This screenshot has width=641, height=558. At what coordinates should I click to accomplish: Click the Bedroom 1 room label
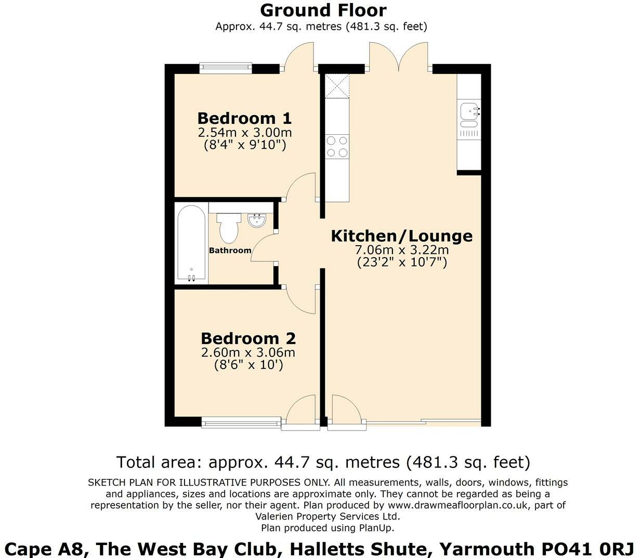pyautogui.click(x=244, y=118)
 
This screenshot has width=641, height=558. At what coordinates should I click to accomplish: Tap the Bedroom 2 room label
pyautogui.click(x=248, y=338)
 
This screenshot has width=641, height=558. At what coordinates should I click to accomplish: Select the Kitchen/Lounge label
pyautogui.click(x=402, y=236)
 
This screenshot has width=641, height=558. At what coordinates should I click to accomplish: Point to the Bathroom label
pyautogui.click(x=230, y=250)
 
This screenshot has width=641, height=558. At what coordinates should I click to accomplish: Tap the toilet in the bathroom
pyautogui.click(x=229, y=227)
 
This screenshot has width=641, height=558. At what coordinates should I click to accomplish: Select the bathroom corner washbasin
pyautogui.click(x=257, y=221)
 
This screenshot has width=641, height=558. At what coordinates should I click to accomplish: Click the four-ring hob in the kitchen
pyautogui.click(x=336, y=146)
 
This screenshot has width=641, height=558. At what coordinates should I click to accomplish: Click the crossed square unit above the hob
pyautogui.click(x=336, y=86)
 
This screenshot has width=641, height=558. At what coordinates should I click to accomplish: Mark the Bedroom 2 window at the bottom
pyautogui.click(x=242, y=423)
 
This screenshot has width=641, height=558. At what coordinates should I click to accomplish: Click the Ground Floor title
pyautogui.click(x=323, y=10)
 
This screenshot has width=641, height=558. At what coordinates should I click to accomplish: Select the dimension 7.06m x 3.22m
pyautogui.click(x=402, y=250)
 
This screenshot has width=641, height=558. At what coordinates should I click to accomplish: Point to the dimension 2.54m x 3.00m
pyautogui.click(x=244, y=133)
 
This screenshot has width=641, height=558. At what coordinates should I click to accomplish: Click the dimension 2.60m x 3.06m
pyautogui.click(x=248, y=352)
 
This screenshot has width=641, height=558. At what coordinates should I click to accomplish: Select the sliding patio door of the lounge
pyautogui.click(x=424, y=421)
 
